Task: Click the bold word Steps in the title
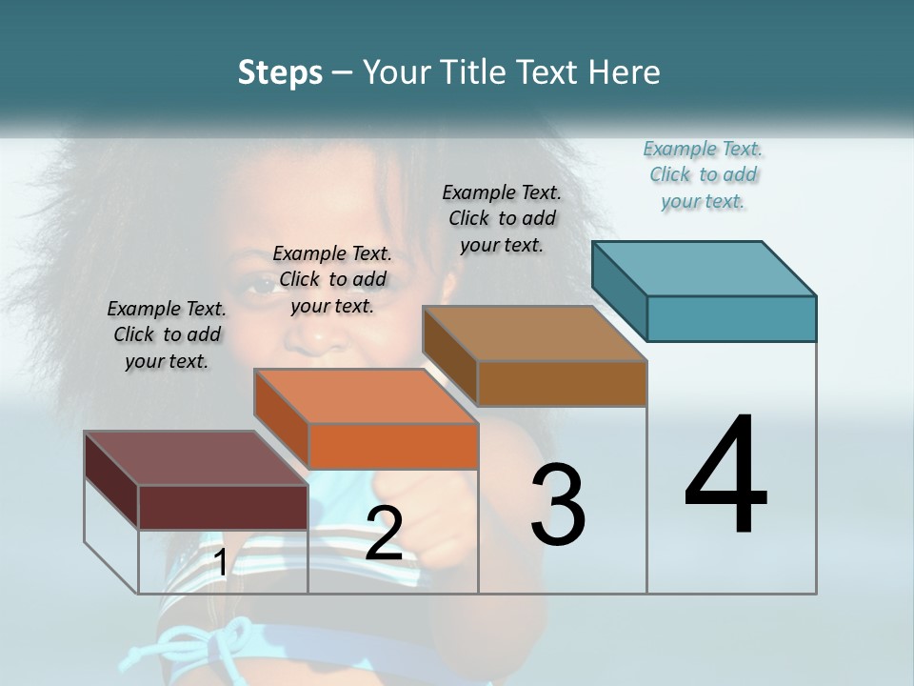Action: (x=280, y=73)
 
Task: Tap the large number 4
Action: (x=725, y=476)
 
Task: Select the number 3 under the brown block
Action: (x=558, y=505)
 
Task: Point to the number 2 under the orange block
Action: (x=384, y=534)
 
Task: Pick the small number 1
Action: (x=221, y=562)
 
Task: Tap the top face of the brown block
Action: (x=535, y=333)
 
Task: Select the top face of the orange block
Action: (x=366, y=396)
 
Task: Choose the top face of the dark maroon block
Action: (x=196, y=458)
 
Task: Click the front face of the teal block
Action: (x=731, y=318)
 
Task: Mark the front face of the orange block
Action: (x=393, y=446)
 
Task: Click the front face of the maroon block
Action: (x=223, y=507)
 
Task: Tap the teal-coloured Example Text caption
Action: (x=703, y=175)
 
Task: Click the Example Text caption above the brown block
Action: (x=502, y=218)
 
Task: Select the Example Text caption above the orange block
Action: (x=332, y=279)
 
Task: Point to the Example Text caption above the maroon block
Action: (x=167, y=334)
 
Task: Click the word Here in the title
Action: (x=624, y=73)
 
